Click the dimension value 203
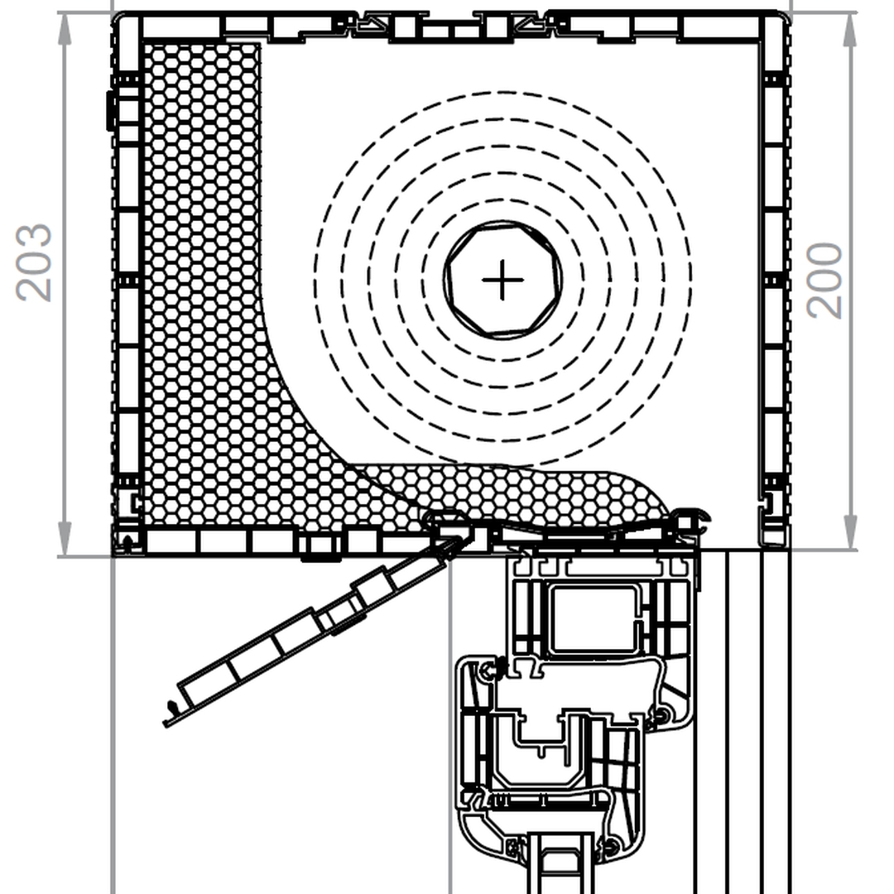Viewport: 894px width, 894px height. tap(34, 262)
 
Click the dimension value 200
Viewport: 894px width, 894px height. tap(824, 280)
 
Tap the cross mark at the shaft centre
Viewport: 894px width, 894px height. tap(502, 280)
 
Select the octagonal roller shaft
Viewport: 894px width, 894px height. tap(502, 280)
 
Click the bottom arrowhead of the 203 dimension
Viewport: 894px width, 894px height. tap(65, 539)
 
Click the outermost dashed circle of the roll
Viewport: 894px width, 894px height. tap(502, 280)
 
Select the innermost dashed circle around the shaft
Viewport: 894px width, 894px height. tap(502, 280)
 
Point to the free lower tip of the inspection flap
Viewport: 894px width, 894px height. tap(166, 724)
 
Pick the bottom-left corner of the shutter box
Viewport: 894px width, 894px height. tap(114, 554)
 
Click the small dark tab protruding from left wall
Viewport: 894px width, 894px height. tap(110, 110)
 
